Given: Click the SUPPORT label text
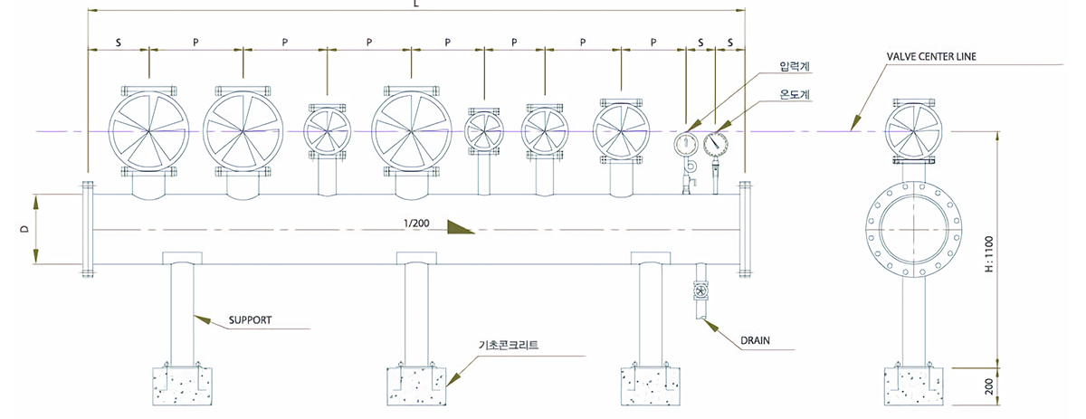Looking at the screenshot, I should [x=250, y=320].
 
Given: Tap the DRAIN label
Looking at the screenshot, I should [x=755, y=341].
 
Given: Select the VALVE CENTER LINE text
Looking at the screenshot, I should [x=931, y=56].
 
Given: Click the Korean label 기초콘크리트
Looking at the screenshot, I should [x=509, y=345].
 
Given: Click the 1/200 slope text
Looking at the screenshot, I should [x=417, y=223].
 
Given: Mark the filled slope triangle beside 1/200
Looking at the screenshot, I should [x=460, y=225].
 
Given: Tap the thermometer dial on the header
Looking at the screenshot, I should [x=715, y=141].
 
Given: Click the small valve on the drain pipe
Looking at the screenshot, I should [x=700, y=291].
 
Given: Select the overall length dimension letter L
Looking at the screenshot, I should [x=415, y=4].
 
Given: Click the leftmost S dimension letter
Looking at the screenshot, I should [x=118, y=42].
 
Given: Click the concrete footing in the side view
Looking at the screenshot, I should [x=912, y=384].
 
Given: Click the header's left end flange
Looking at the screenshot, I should [x=88, y=228].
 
